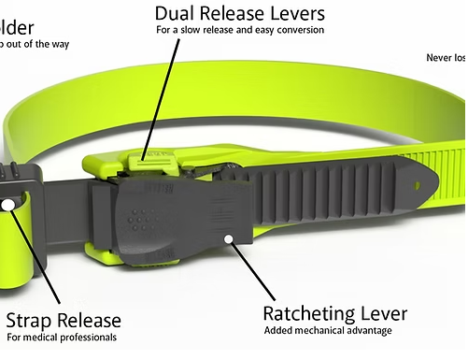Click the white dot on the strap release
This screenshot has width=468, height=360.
8,204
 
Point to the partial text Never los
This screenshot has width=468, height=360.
445,56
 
